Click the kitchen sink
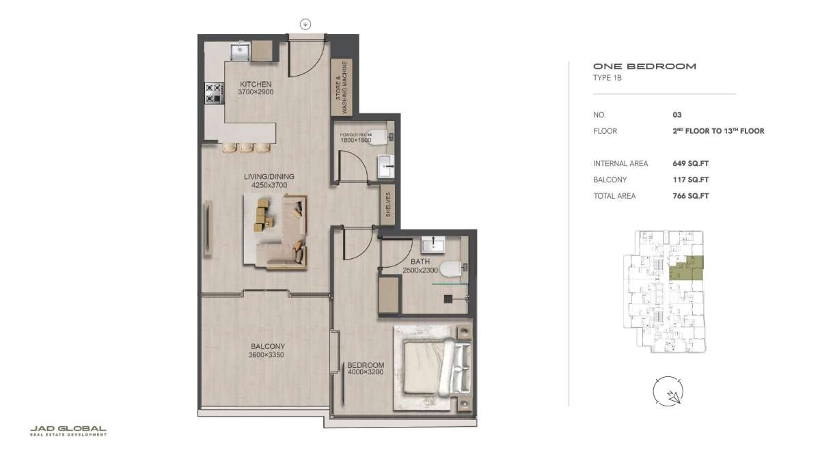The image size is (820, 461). point(240,52)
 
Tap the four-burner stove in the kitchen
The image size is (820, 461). point(214,94)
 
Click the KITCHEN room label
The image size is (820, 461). point(256,84)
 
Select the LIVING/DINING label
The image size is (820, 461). point(269,176)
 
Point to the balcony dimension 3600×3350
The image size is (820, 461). point(266,355)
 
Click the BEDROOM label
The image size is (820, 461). point(366,365)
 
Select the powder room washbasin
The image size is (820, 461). point(386,166)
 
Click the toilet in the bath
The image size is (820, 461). point(452,269)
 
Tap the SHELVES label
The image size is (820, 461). point(388,204)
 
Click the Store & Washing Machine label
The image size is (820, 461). point(341,87)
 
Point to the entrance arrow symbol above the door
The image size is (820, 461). point(305,25)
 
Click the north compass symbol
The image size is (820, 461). point(668,391)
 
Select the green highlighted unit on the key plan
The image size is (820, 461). point(686,268)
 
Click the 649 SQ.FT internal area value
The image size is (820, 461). point(690,163)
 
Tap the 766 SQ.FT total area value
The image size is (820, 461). point(690,196)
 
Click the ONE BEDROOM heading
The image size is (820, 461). point(644,66)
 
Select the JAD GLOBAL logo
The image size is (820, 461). point(68,431)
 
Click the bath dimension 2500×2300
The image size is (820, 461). point(420,270)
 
